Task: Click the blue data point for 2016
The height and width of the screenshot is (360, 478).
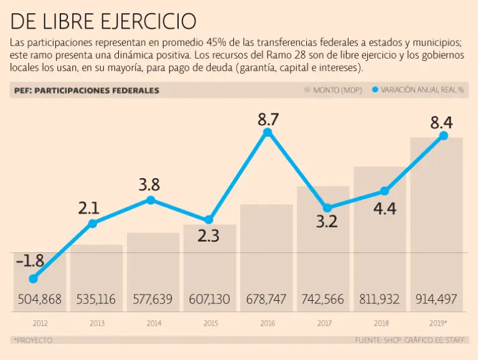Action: pyautogui.click(x=268, y=133)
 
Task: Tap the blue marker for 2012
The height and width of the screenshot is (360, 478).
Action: pyautogui.click(x=34, y=278)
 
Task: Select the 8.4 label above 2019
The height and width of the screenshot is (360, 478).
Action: pyautogui.click(x=443, y=122)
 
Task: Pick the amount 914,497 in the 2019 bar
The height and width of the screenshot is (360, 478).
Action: pyautogui.click(x=436, y=300)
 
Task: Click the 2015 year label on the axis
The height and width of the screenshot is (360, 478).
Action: pyautogui.click(x=211, y=324)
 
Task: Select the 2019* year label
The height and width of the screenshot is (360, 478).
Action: pyautogui.click(x=438, y=324)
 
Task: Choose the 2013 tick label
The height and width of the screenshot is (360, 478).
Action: pyautogui.click(x=96, y=324)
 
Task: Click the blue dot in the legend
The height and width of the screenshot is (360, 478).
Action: pyautogui.click(x=375, y=90)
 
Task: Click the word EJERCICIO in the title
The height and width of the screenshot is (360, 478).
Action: pyautogui.click(x=148, y=21)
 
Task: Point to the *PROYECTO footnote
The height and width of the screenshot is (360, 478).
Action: pyautogui.click(x=32, y=340)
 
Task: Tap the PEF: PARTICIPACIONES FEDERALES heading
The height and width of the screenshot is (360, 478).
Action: pyautogui.click(x=87, y=90)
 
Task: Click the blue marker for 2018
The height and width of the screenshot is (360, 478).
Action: pyautogui.click(x=385, y=191)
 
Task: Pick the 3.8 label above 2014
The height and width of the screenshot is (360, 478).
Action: pyautogui.click(x=149, y=185)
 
